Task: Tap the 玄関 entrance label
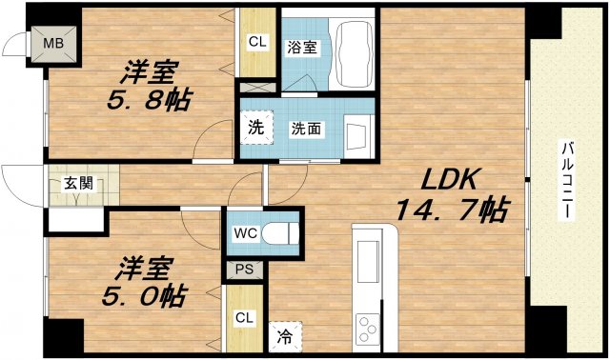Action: [79, 183]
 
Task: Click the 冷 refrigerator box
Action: [284, 334]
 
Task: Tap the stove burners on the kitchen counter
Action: [367, 330]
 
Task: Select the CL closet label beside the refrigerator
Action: [245, 317]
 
